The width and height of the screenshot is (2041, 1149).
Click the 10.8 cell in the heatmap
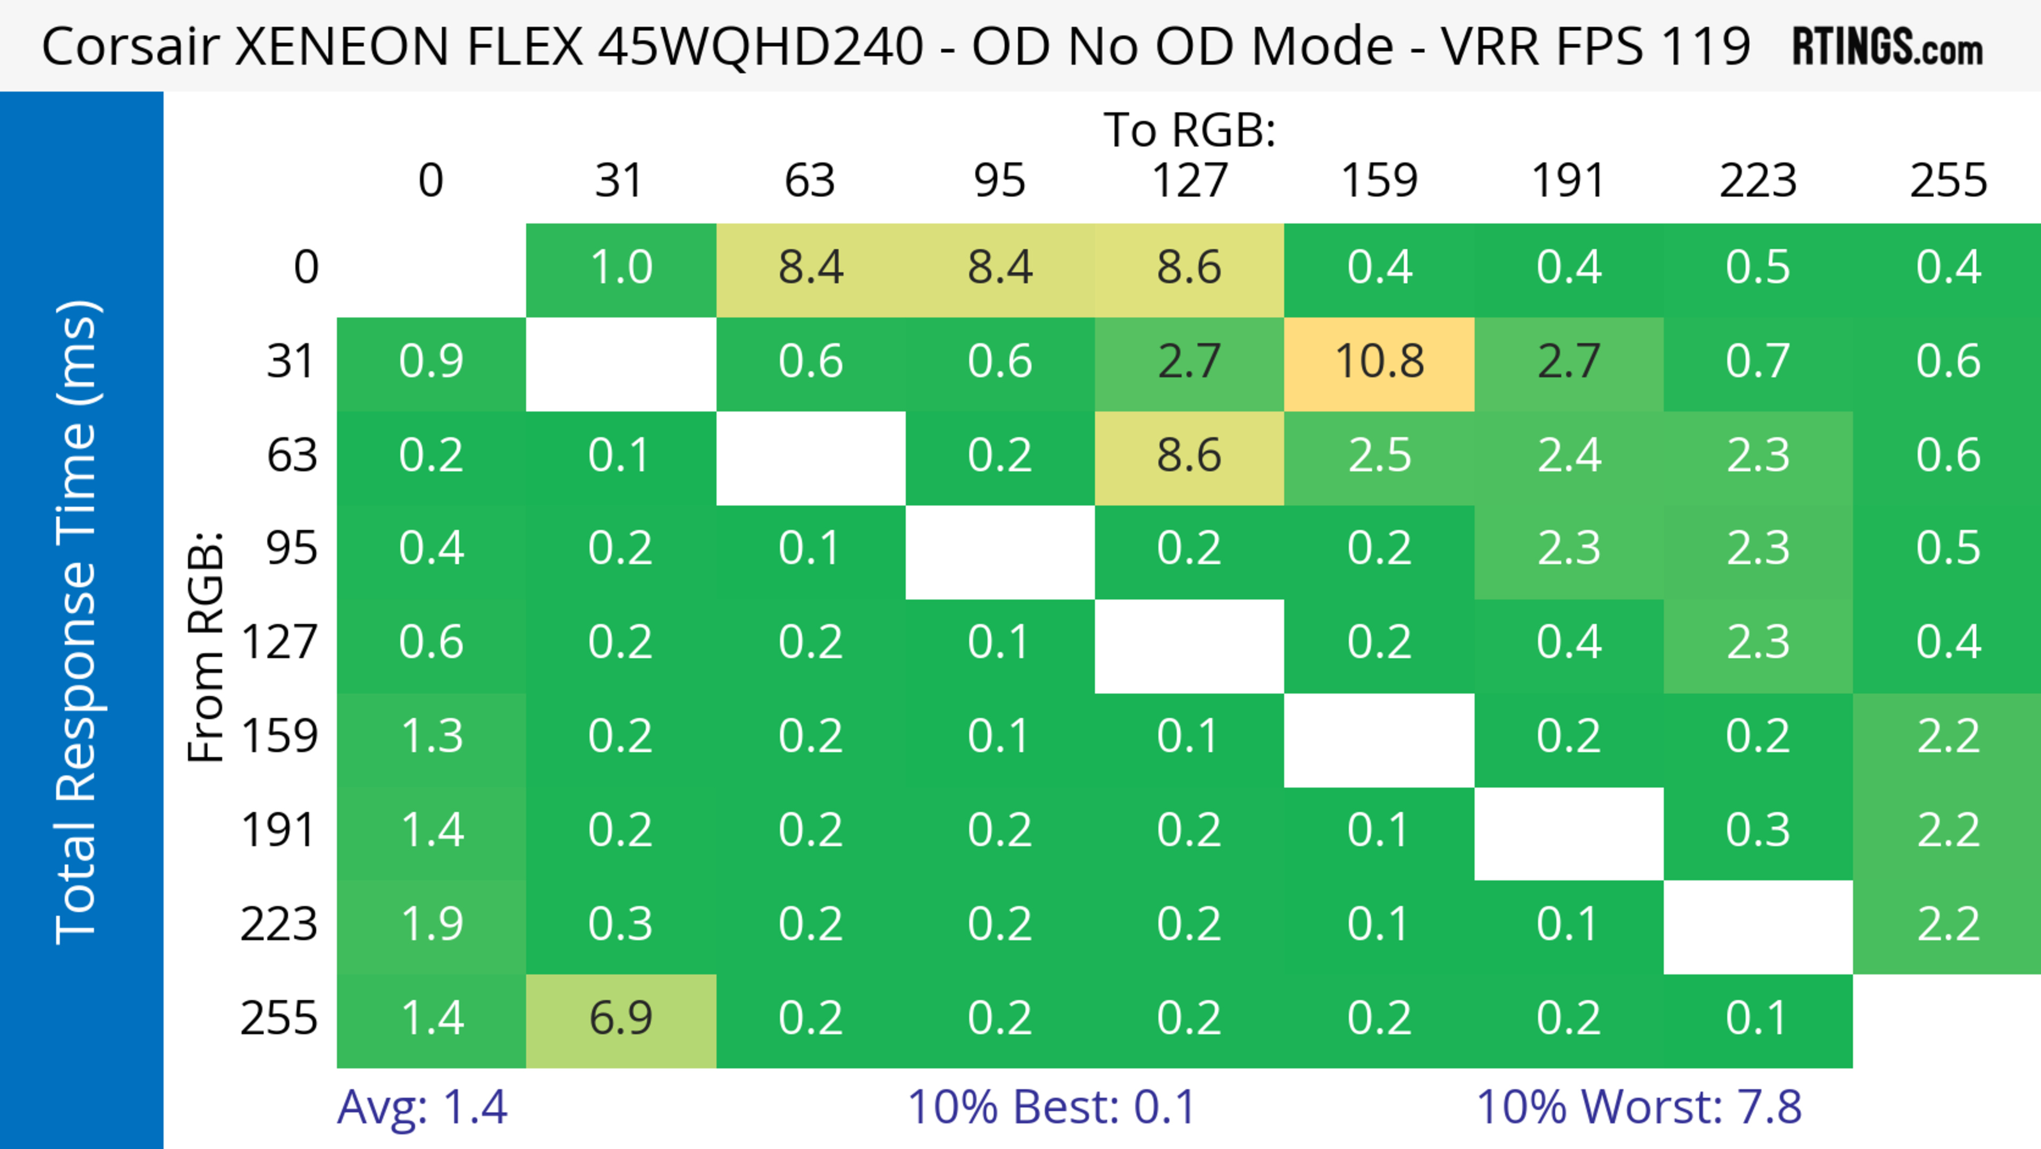coord(1379,362)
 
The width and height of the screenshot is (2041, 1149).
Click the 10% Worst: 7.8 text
coord(1639,1107)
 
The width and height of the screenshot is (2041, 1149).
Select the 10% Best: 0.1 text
coord(1051,1107)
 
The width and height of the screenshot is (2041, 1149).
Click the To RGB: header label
coord(1190,130)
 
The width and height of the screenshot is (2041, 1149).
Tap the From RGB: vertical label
coord(206,647)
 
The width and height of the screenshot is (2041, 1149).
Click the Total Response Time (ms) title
coord(78,622)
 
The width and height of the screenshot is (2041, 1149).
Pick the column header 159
coord(1379,181)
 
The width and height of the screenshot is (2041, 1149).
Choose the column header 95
coord(999,181)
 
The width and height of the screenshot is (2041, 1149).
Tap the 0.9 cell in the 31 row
coord(431,362)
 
